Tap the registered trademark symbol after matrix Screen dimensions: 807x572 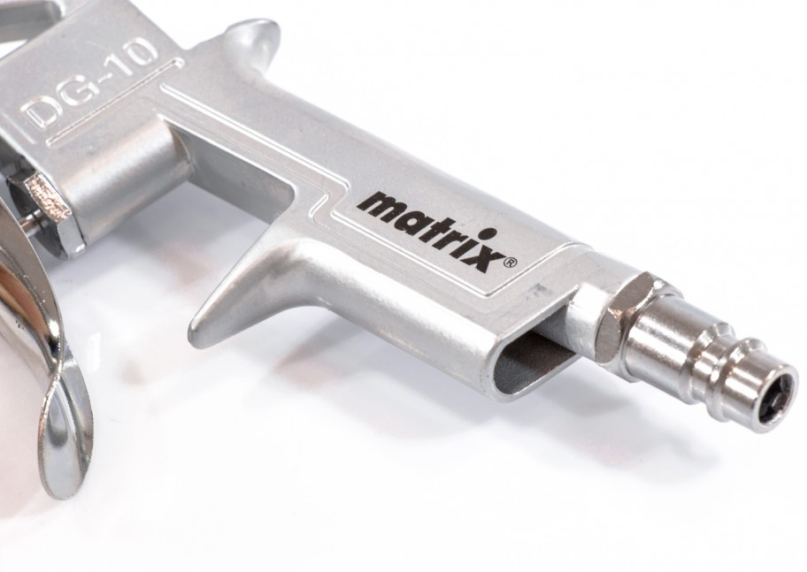pyautogui.click(x=511, y=263)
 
